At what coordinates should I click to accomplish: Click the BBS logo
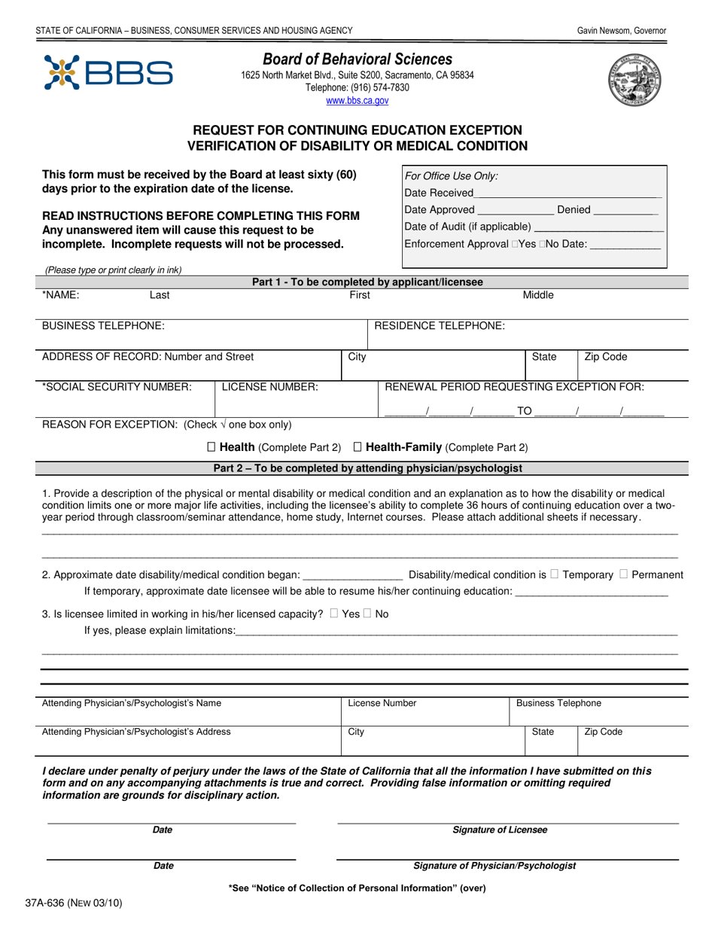coord(108,73)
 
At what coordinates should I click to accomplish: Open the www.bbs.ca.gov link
coord(357,100)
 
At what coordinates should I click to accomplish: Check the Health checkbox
coord(211,447)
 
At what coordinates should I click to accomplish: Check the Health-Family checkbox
coord(357,447)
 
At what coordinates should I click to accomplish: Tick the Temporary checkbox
coord(554,574)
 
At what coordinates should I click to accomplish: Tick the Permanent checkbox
coord(623,574)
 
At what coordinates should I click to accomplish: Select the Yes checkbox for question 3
coord(333,614)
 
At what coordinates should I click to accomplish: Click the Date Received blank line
coord(568,193)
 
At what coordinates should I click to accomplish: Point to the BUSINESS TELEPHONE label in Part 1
coord(102,325)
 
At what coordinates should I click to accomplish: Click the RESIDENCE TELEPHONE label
coord(440,325)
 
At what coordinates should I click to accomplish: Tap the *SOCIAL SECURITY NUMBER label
coord(117,387)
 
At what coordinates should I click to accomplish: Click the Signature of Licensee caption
coord(500,830)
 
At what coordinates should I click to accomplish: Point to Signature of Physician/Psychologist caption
coord(494,866)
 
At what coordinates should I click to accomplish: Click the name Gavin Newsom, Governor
coord(622,31)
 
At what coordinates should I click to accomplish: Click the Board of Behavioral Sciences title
coord(357,59)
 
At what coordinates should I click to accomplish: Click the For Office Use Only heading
coord(452,176)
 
